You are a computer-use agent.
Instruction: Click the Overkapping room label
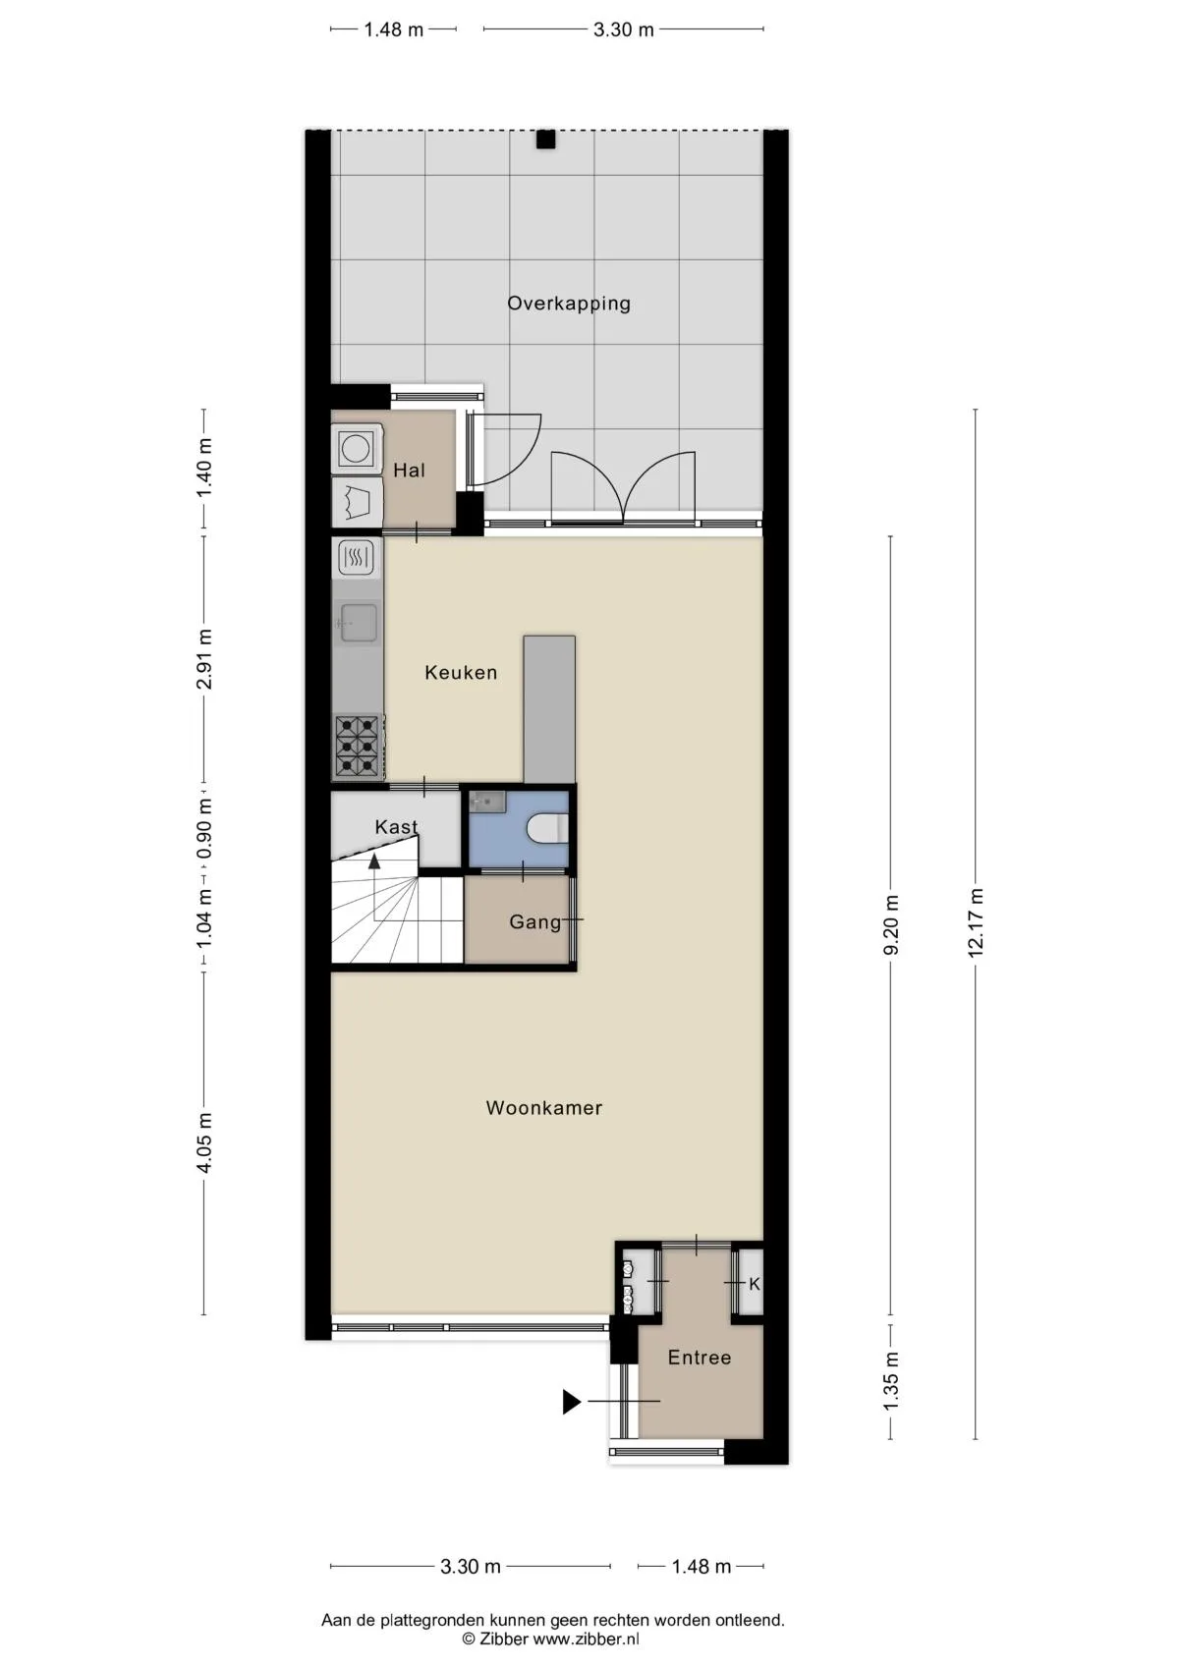point(569,304)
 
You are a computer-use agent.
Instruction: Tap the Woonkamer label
point(544,1108)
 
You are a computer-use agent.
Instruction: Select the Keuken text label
point(461,673)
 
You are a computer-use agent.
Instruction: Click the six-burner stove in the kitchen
point(358,746)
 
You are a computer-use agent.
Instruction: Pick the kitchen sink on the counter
point(358,622)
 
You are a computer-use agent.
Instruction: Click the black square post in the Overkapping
point(545,139)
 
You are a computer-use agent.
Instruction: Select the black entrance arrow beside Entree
point(572,1402)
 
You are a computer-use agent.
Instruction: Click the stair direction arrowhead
point(374,861)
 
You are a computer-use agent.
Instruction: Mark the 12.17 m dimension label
point(976,922)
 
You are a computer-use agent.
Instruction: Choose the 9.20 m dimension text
point(891,924)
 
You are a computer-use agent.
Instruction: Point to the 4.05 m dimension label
point(204,1142)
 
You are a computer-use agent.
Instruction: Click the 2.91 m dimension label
point(204,659)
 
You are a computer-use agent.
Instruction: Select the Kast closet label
point(396,827)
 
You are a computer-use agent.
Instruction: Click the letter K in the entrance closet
point(754,1284)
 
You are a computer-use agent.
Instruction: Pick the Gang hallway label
point(535,922)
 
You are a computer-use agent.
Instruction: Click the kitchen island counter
point(549,709)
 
